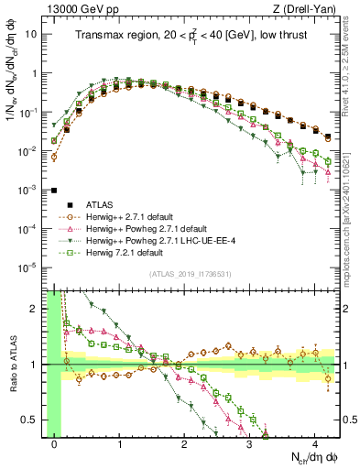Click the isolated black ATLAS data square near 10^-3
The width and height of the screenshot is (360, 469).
pos(54,191)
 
